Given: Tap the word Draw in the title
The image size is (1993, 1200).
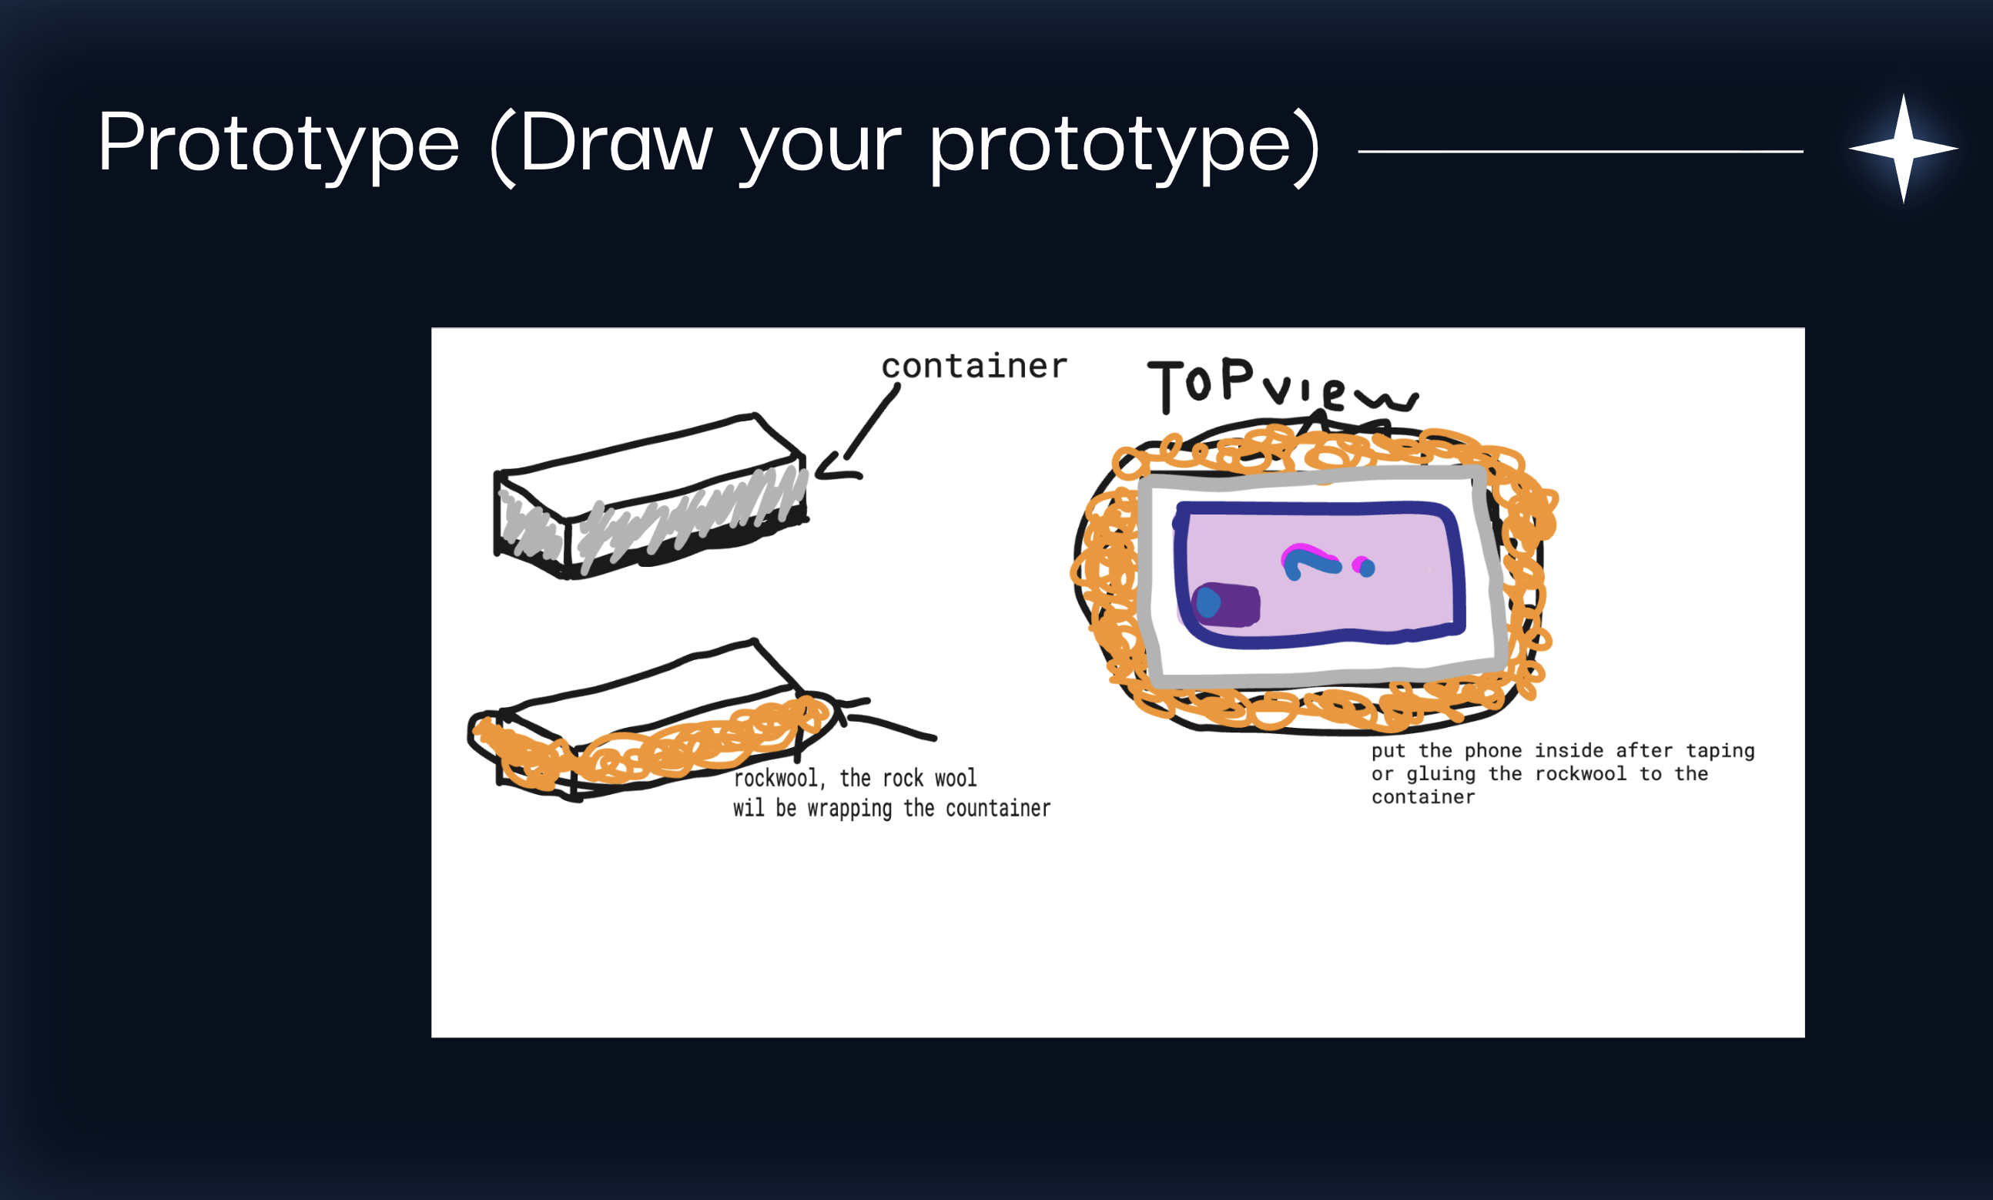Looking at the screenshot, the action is (616, 142).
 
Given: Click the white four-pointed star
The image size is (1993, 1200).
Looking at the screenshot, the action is (1903, 149).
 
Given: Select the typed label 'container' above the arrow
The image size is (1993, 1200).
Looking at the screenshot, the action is (974, 367).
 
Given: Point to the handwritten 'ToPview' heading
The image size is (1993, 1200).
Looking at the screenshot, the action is (1281, 386).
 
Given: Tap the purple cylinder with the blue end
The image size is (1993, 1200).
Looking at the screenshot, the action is (1225, 604).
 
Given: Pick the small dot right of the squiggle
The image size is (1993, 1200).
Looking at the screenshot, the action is (1364, 567).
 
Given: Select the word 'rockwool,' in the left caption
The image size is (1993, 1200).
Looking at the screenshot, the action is (779, 779).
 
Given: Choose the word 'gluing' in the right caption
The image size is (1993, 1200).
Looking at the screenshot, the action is (1442, 774).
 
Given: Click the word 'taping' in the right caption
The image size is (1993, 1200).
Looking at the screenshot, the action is (1720, 750).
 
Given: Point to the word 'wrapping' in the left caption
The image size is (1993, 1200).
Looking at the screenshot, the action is (849, 809).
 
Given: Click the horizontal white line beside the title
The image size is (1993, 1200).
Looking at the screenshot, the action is (1581, 151).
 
